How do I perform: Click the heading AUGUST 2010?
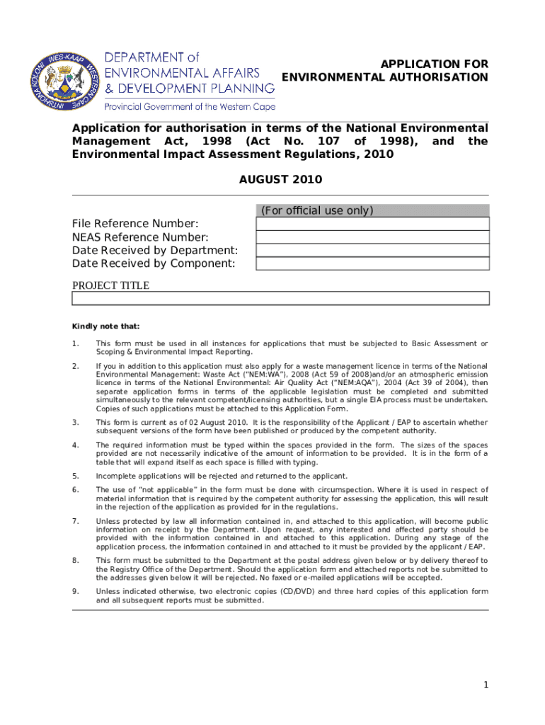pyautogui.click(x=280, y=179)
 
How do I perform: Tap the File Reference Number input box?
pyautogui.click(x=372, y=224)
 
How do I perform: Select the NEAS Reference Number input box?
pyautogui.click(x=372, y=237)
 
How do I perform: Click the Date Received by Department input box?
pyautogui.click(x=372, y=251)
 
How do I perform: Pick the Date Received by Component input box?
pyautogui.click(x=372, y=263)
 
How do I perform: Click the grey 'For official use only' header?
pyautogui.click(x=372, y=210)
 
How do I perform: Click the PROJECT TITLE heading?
pyautogui.click(x=111, y=285)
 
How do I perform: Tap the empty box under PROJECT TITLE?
pyautogui.click(x=280, y=298)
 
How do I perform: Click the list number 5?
pyautogui.click(x=75, y=476)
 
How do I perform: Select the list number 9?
pyautogui.click(x=75, y=591)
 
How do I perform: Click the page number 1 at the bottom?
pyautogui.click(x=486, y=685)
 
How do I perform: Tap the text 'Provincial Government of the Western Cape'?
pyautogui.click(x=190, y=107)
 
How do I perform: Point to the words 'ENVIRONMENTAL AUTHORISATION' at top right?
pyautogui.click(x=385, y=77)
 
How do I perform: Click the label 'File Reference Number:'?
pyautogui.click(x=135, y=224)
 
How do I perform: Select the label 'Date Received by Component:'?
pyautogui.click(x=154, y=263)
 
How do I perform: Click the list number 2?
pyautogui.click(x=75, y=366)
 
